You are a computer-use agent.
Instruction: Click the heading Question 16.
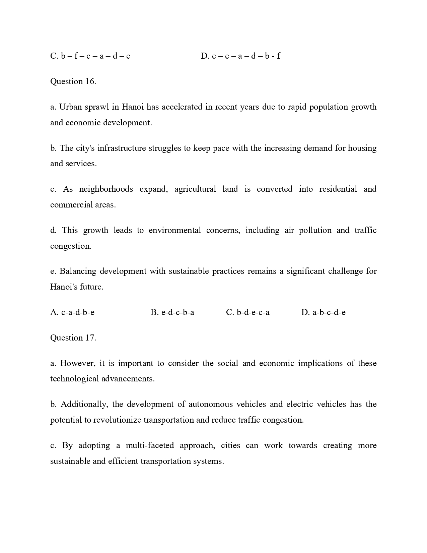point(73,81)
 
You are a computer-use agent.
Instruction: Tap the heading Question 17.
point(73,338)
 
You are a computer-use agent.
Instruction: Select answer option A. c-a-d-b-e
point(72,312)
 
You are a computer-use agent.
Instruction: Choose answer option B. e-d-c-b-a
point(172,312)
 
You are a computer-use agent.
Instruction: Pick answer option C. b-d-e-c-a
point(247,312)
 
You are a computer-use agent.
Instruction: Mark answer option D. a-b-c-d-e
point(323,312)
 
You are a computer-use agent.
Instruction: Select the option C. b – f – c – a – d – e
point(90,56)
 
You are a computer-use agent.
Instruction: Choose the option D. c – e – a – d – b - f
point(240,56)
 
